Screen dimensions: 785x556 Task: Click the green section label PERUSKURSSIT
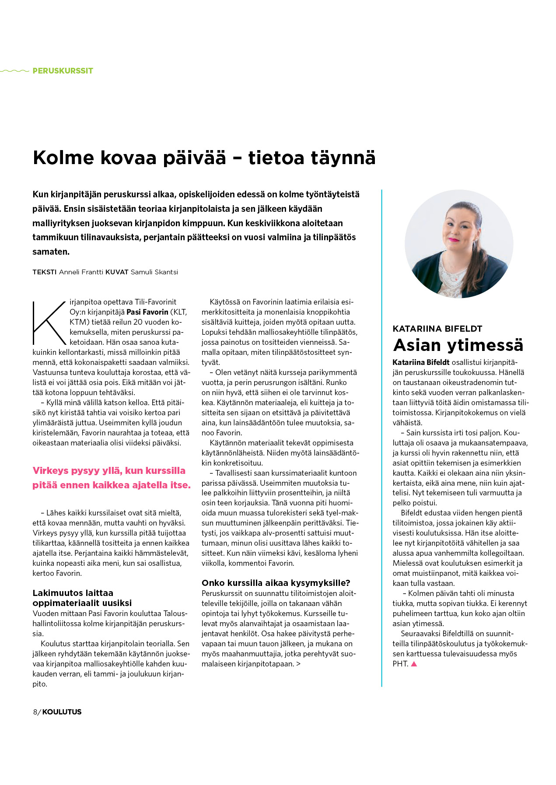63,71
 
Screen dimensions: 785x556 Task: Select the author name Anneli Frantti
81,272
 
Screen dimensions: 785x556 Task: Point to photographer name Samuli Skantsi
154,272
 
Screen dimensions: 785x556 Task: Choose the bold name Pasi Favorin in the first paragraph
147,312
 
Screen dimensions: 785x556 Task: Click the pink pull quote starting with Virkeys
112,478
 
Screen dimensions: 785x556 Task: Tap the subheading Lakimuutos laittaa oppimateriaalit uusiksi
82,598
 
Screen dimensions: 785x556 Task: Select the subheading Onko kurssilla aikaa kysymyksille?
276,583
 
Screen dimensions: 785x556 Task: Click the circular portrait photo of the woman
458,244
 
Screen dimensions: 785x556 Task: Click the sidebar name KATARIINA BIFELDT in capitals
437,329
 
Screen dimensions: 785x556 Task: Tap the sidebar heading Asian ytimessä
458,345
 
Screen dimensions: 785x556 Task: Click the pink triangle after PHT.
414,664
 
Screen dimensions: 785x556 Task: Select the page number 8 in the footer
35,712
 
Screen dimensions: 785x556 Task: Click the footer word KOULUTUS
62,712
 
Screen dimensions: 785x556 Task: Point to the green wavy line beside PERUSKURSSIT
15,71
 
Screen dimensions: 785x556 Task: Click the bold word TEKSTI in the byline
45,272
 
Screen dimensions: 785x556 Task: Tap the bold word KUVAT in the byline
117,272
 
